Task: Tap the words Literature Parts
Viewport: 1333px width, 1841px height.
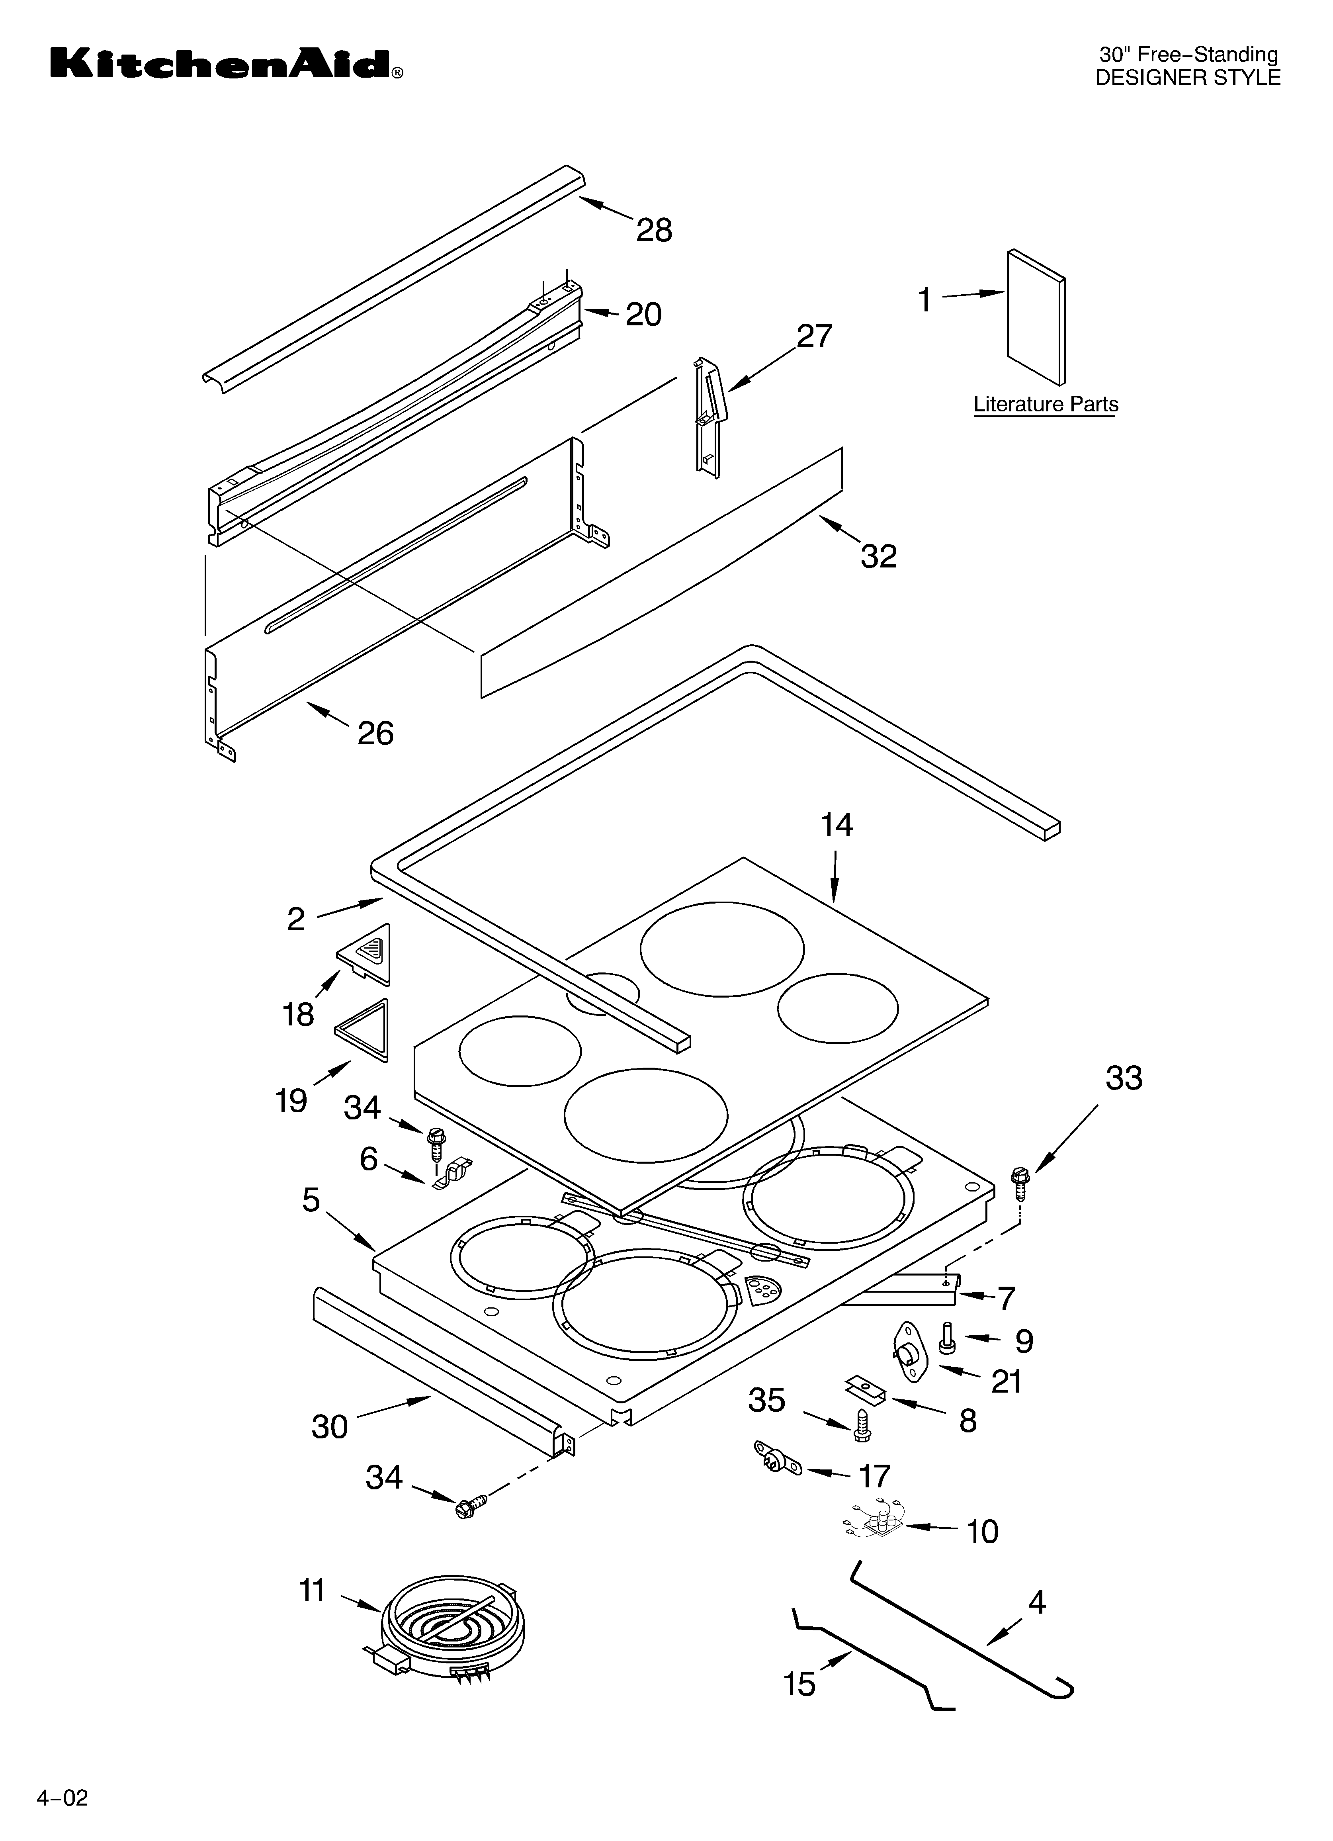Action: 1046,404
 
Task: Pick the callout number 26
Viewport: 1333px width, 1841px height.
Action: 375,734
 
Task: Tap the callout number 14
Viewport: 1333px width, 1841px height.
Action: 836,826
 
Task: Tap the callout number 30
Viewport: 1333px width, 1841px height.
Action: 330,1426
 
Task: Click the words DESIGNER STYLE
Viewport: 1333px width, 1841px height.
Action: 1188,78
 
